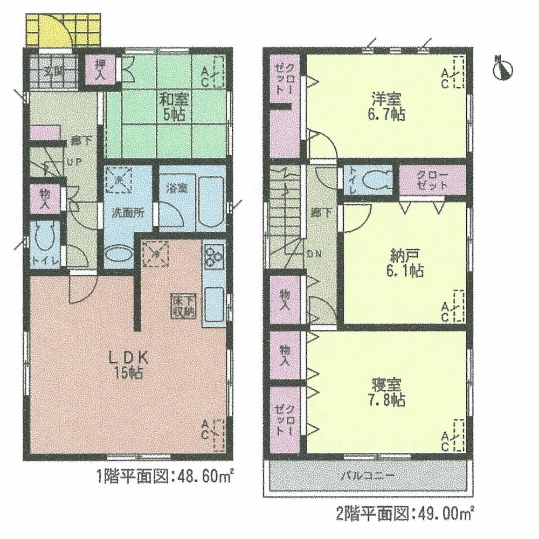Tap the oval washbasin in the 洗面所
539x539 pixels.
click(118, 254)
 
